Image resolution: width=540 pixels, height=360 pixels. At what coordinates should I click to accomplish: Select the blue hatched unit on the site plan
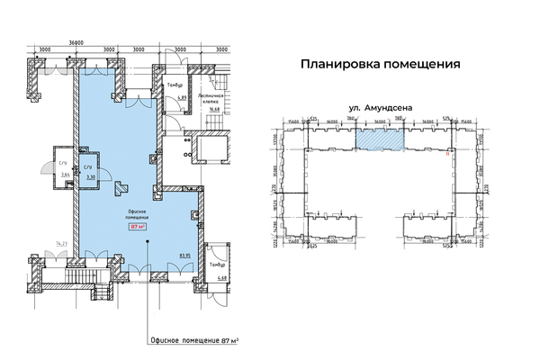tap(379, 139)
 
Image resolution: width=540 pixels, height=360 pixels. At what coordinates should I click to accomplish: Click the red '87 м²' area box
tap(138, 228)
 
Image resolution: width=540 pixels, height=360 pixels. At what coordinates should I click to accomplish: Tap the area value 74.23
tap(61, 244)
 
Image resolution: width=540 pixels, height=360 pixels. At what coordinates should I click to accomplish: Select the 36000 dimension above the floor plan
tap(58, 42)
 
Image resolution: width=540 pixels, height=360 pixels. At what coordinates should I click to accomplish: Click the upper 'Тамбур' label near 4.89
tap(174, 85)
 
